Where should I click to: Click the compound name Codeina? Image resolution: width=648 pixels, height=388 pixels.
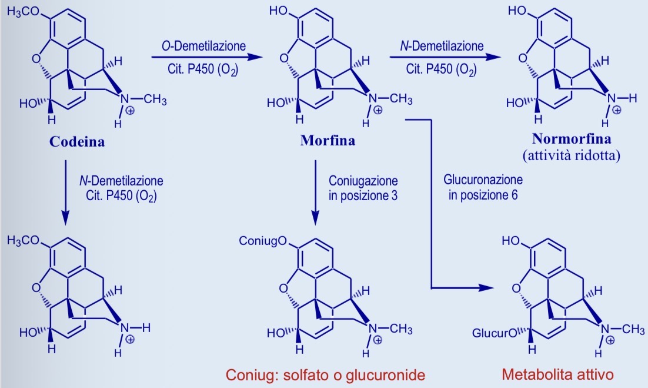(x=77, y=142)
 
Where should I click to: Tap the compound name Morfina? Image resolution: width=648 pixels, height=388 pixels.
(x=328, y=141)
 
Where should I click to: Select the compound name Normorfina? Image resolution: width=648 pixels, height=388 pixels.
(x=572, y=138)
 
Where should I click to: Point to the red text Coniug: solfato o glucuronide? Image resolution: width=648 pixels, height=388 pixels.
(x=326, y=375)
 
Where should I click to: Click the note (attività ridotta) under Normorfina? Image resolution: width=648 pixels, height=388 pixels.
(x=572, y=155)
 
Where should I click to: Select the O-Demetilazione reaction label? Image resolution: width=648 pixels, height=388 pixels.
(x=203, y=46)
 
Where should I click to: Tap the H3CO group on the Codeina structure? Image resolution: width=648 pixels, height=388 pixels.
(x=23, y=12)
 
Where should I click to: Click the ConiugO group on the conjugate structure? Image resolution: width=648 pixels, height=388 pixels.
(x=263, y=240)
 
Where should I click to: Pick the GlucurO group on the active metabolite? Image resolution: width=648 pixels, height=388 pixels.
(x=495, y=333)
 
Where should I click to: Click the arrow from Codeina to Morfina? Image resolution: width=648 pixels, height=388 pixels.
(x=207, y=57)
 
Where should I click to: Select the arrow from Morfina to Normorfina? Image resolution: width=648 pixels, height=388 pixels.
(x=446, y=57)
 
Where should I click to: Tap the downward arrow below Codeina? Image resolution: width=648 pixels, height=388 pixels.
(x=65, y=193)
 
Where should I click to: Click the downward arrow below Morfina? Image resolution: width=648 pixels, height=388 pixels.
(x=315, y=193)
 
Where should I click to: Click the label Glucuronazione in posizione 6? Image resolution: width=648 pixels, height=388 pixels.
(x=483, y=187)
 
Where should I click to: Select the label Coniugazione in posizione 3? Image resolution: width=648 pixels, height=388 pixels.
(x=363, y=188)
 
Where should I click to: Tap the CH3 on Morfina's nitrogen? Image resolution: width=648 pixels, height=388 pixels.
(x=401, y=99)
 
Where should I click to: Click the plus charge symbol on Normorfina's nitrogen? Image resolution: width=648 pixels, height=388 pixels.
(x=617, y=110)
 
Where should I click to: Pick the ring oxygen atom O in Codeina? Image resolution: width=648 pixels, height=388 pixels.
(x=36, y=59)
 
